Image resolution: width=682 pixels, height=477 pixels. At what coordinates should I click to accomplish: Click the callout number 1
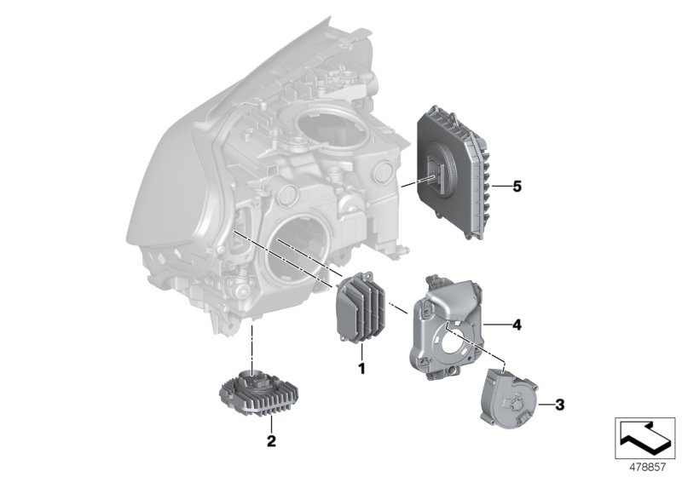point(361,369)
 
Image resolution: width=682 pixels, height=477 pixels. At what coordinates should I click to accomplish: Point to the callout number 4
point(516,324)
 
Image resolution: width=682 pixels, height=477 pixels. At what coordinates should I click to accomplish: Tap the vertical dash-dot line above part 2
point(253,345)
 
